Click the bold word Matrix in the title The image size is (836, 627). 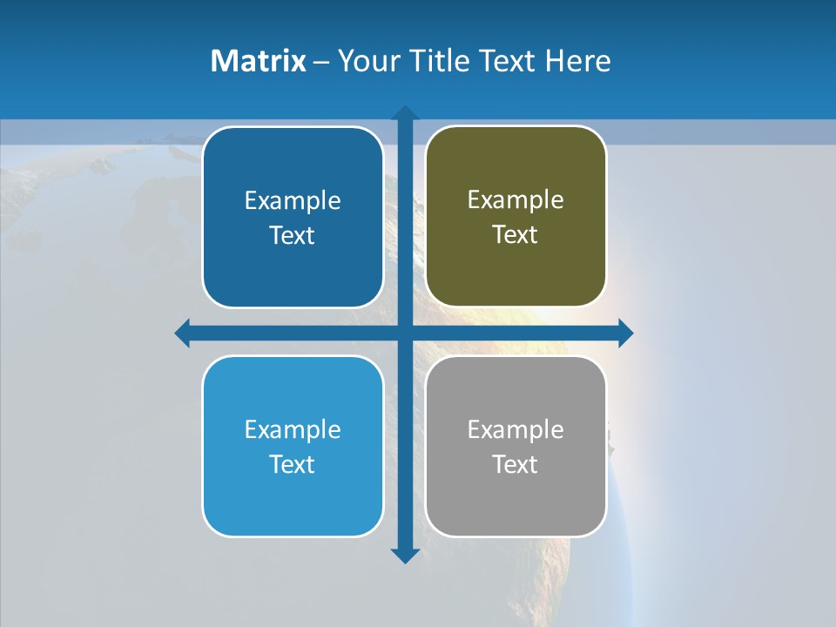pos(258,61)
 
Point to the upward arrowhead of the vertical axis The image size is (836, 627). pos(405,113)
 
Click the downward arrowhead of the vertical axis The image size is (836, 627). pos(405,556)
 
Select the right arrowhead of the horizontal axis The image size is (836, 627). pos(625,333)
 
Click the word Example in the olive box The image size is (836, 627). pos(516,200)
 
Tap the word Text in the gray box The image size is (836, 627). pos(516,464)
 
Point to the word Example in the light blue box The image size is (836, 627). pos(293,430)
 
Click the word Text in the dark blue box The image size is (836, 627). pos(293,236)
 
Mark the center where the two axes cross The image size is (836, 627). pos(405,333)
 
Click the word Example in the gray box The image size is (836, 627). pos(516,430)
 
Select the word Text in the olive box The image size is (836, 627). pos(516,235)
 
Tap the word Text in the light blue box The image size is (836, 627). pos(293,464)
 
